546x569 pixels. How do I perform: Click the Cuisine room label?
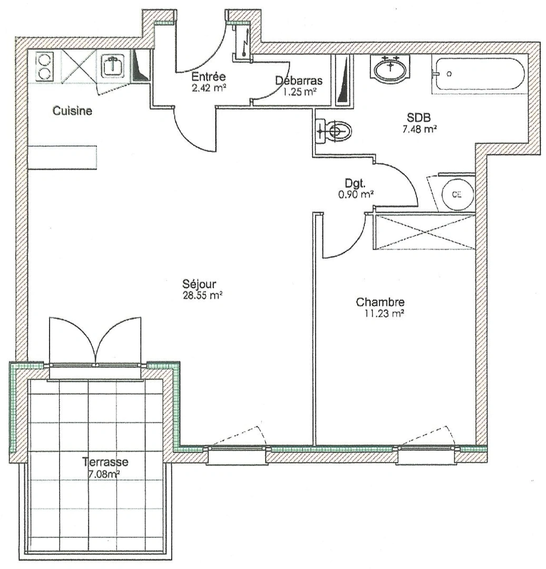click(72, 111)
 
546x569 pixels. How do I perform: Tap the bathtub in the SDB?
click(478, 74)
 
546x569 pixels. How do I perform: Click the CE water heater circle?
click(456, 193)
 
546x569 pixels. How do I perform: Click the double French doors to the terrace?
click(95, 341)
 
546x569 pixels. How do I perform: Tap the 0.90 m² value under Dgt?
click(356, 194)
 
